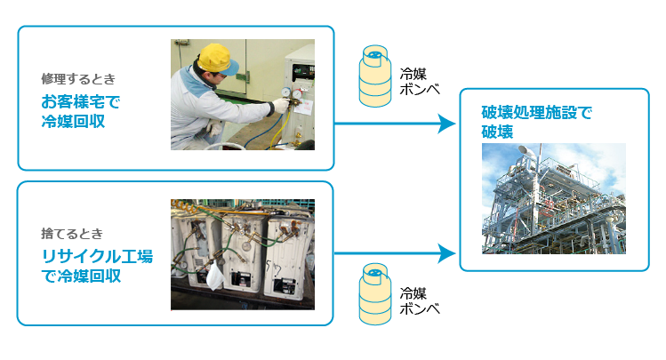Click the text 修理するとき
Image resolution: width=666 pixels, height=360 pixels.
click(x=78, y=79)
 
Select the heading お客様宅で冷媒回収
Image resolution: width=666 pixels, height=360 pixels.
click(x=81, y=111)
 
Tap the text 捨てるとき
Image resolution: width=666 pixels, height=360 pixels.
click(x=72, y=234)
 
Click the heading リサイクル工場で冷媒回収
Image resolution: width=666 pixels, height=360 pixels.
click(x=97, y=266)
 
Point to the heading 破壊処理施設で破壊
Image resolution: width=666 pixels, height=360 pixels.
click(x=536, y=122)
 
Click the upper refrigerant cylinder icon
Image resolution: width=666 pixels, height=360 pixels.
click(x=375, y=76)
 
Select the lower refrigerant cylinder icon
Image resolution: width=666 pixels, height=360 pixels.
click(x=375, y=293)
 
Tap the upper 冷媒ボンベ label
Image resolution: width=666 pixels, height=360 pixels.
click(x=419, y=82)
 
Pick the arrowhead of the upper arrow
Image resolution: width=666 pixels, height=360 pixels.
click(x=447, y=124)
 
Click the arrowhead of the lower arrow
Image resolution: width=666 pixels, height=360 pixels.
click(x=447, y=254)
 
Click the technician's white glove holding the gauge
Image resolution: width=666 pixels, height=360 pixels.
click(x=281, y=105)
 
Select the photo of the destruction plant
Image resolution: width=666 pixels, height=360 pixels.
click(x=554, y=199)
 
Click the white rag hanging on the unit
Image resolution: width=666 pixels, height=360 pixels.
click(x=215, y=275)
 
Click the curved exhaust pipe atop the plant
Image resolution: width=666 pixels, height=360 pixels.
click(x=526, y=152)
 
